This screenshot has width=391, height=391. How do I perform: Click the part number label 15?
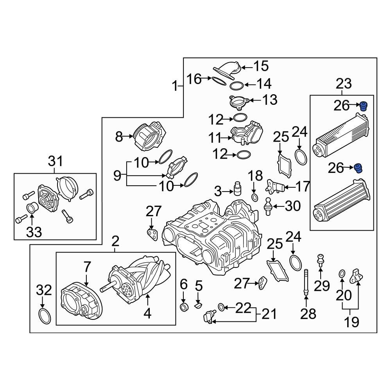coord(262,66)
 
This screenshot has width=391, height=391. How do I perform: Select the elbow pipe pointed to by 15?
coord(229,69)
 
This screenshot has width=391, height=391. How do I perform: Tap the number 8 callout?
coord(119,137)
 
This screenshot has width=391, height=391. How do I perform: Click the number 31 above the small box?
coord(55,161)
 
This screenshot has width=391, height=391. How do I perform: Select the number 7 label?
coord(86,267)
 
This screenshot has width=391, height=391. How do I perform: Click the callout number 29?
coord(322,286)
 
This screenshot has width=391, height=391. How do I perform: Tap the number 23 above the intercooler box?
coord(344,84)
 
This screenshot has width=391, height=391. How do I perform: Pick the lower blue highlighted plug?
coord(359,168)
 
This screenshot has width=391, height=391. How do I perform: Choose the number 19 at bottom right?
coord(352,322)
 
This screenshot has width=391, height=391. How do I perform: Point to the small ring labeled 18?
coord(254,197)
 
